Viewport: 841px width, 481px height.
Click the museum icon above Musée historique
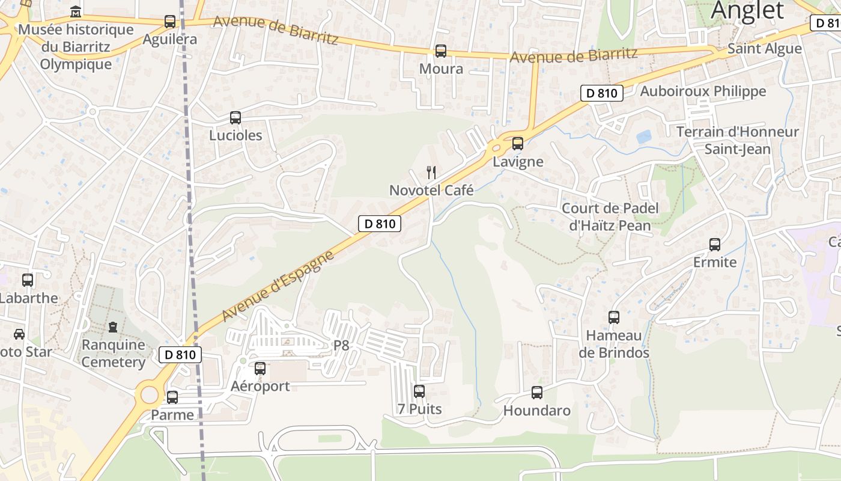76,11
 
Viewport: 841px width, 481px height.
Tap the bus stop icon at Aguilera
170,22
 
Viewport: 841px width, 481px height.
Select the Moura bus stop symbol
441,51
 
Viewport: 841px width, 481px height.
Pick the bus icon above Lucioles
235,118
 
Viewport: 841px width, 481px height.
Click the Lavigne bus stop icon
517,144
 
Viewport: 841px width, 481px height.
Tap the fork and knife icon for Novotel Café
431,173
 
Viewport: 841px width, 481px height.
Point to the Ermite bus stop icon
715,245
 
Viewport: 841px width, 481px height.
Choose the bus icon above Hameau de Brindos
614,317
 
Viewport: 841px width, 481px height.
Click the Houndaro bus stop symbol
537,393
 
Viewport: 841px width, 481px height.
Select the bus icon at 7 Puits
419,391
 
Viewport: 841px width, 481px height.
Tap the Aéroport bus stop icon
260,369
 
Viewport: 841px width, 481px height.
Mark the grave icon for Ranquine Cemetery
113,327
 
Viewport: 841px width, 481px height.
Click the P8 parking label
341,345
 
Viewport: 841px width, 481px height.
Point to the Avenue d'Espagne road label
278,286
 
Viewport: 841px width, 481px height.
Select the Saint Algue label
764,49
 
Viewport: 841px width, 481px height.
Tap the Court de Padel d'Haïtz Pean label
610,217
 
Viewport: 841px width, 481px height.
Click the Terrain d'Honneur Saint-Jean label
737,140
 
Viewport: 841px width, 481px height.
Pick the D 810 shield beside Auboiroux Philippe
601,93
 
